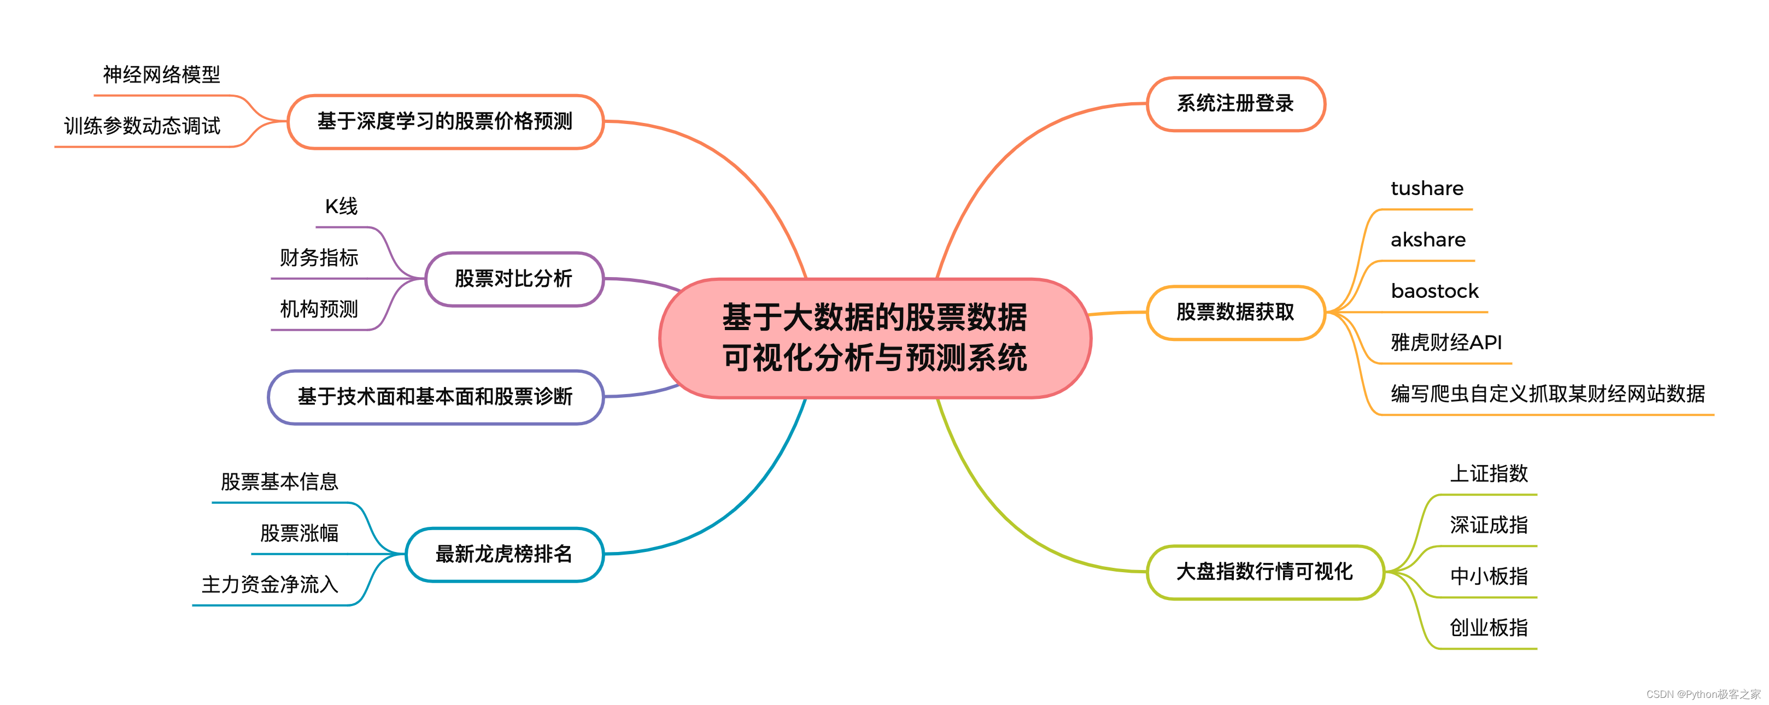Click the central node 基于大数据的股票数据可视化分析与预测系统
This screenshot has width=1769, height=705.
[x=875, y=338]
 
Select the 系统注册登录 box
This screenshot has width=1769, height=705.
[x=1235, y=104]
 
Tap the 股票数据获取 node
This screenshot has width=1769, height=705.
[x=1235, y=313]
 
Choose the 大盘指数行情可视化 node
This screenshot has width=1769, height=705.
[x=1264, y=572]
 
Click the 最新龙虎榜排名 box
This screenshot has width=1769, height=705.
[x=504, y=554]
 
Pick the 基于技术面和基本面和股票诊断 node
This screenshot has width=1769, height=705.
[x=435, y=397]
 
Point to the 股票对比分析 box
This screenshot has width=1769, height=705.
[x=514, y=279]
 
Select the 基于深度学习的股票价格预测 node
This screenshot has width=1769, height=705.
[x=445, y=121]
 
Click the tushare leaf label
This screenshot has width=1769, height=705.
[x=1427, y=189]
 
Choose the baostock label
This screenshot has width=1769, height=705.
[x=1434, y=292]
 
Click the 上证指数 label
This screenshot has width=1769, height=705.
[x=1489, y=474]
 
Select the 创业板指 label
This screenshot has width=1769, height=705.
[x=1489, y=627]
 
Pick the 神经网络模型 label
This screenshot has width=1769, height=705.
[x=161, y=74]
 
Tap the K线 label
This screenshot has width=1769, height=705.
[x=341, y=206]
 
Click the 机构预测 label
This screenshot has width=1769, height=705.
[x=319, y=309]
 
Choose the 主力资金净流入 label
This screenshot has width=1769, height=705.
[x=270, y=584]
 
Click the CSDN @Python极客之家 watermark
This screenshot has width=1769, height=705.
[x=1703, y=694]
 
